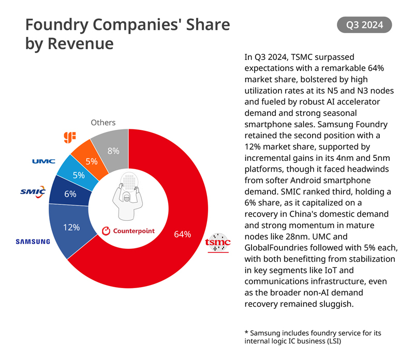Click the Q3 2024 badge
(364, 25)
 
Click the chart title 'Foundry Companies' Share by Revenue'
(127, 34)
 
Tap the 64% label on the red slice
(182, 234)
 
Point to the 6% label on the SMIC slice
(70, 194)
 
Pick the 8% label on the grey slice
(113, 151)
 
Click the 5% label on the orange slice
(92, 161)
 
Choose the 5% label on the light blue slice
(79, 175)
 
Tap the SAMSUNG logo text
(33, 241)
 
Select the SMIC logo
(33, 192)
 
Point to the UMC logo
(43, 161)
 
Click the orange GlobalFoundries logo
(70, 137)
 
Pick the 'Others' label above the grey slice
(103, 123)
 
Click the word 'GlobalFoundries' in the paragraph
(274, 247)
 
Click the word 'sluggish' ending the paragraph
(336, 304)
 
